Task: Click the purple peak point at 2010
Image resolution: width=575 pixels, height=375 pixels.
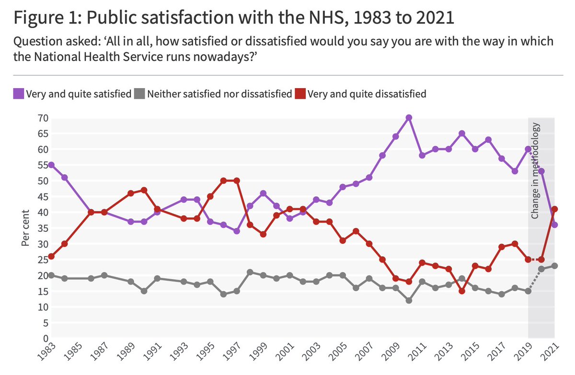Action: (x=409, y=117)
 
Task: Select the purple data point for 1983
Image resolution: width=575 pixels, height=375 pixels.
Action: (x=51, y=165)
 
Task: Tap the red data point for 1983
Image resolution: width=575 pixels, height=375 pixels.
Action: (x=51, y=256)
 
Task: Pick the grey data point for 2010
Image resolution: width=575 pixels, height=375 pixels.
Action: (x=409, y=300)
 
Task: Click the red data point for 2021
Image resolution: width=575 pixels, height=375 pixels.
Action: (x=555, y=209)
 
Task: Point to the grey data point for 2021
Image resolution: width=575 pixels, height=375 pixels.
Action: (x=555, y=266)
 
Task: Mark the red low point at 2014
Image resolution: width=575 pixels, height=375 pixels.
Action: (x=462, y=291)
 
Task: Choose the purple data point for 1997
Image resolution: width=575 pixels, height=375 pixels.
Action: (x=237, y=231)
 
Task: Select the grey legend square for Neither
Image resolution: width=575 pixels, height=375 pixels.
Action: (x=139, y=94)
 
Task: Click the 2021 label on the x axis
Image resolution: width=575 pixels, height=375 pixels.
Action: (x=551, y=355)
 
